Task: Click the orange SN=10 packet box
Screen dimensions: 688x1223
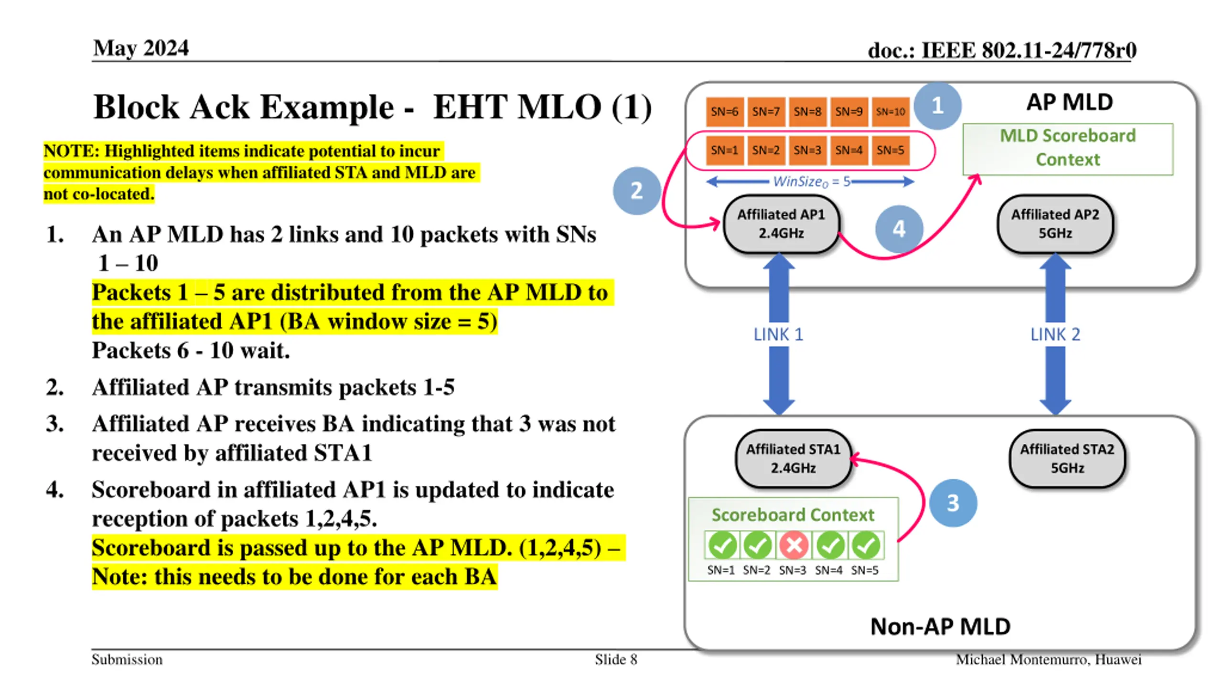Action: coord(890,112)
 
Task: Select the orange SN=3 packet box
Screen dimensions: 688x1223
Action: coord(807,150)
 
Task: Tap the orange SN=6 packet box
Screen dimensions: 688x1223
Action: coord(724,112)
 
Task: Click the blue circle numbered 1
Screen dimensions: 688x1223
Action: coord(937,106)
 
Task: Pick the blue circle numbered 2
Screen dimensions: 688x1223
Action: coord(637,191)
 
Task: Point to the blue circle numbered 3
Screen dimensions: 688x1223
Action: coord(953,503)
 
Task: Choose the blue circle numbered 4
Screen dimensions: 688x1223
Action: coord(899,229)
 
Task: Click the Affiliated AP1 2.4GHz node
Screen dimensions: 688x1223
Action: coord(781,224)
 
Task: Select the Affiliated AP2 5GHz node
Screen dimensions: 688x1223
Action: coord(1055,224)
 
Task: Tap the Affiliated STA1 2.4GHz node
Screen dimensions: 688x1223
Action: coord(793,459)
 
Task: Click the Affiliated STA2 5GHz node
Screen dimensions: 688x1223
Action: coord(1067,459)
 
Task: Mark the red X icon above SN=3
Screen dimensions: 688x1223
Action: coord(794,545)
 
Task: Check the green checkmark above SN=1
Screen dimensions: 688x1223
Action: coord(722,545)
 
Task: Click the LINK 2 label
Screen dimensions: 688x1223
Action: coord(1055,334)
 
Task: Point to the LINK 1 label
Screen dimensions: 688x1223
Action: coord(778,334)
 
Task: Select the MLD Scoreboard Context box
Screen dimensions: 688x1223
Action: coord(1068,148)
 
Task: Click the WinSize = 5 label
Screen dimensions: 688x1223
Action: coord(811,182)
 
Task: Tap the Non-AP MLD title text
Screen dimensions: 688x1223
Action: coord(940,626)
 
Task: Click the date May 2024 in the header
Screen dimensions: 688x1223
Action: coord(141,48)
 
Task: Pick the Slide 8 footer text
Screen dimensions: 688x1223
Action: coord(616,660)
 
